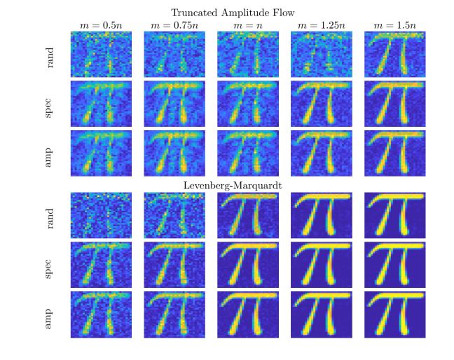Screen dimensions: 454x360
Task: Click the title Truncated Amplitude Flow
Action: (233, 13)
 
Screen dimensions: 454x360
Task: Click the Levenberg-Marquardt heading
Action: (233, 185)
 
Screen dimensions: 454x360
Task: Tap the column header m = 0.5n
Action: (101, 26)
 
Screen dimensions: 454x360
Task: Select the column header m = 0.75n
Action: (174, 26)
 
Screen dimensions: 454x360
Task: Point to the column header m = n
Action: (248, 26)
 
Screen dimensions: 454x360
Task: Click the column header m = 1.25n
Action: (322, 26)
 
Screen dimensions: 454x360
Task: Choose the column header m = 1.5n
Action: (395, 26)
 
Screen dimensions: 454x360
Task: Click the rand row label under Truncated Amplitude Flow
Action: (50, 57)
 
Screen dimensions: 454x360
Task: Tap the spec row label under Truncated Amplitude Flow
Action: (48, 108)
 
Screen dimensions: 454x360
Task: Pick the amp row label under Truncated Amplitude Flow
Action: (48, 158)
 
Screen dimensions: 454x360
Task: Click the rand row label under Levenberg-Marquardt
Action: (50, 219)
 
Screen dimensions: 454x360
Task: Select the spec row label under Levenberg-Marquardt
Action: (48, 269)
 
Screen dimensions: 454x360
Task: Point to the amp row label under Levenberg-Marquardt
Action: (48, 319)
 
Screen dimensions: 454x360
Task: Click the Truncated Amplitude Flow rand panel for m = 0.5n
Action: (101, 54)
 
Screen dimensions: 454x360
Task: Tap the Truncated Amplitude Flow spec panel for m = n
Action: (248, 104)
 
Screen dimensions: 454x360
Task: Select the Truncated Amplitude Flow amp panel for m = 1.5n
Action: (395, 153)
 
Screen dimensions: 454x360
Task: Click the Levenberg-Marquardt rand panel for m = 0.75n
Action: (174, 215)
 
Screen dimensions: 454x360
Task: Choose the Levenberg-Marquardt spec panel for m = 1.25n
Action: (322, 265)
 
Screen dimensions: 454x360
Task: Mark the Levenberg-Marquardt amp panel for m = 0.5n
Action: (101, 314)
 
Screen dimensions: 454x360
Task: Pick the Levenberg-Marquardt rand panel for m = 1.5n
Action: (395, 215)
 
